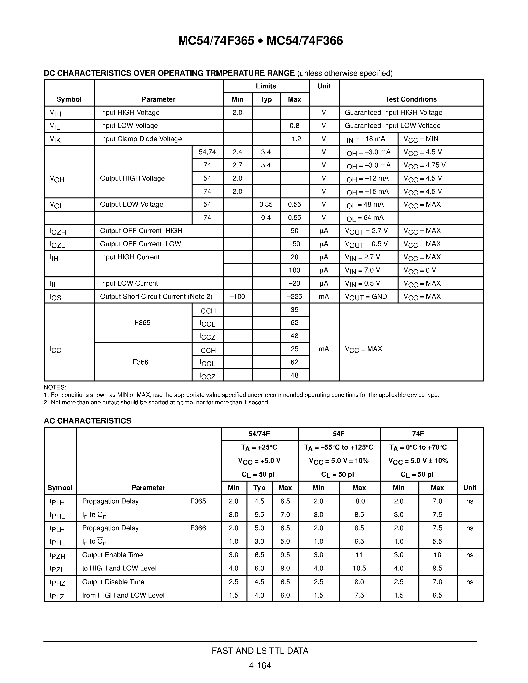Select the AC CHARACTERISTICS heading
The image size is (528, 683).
[87, 421]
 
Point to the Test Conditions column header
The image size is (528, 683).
[411, 99]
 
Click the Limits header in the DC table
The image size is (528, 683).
[266, 86]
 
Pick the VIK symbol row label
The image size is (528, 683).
[55, 139]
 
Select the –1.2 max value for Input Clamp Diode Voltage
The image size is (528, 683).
[294, 139]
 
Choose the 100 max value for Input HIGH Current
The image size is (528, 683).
[294, 270]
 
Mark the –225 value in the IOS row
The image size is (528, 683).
[294, 297]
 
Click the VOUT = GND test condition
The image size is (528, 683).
[366, 297]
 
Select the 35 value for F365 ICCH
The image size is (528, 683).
[294, 310]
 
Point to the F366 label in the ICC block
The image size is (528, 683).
[140, 362]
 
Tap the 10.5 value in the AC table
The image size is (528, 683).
[359, 568]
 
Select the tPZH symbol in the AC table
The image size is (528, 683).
[57, 555]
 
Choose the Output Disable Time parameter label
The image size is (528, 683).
[113, 582]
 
